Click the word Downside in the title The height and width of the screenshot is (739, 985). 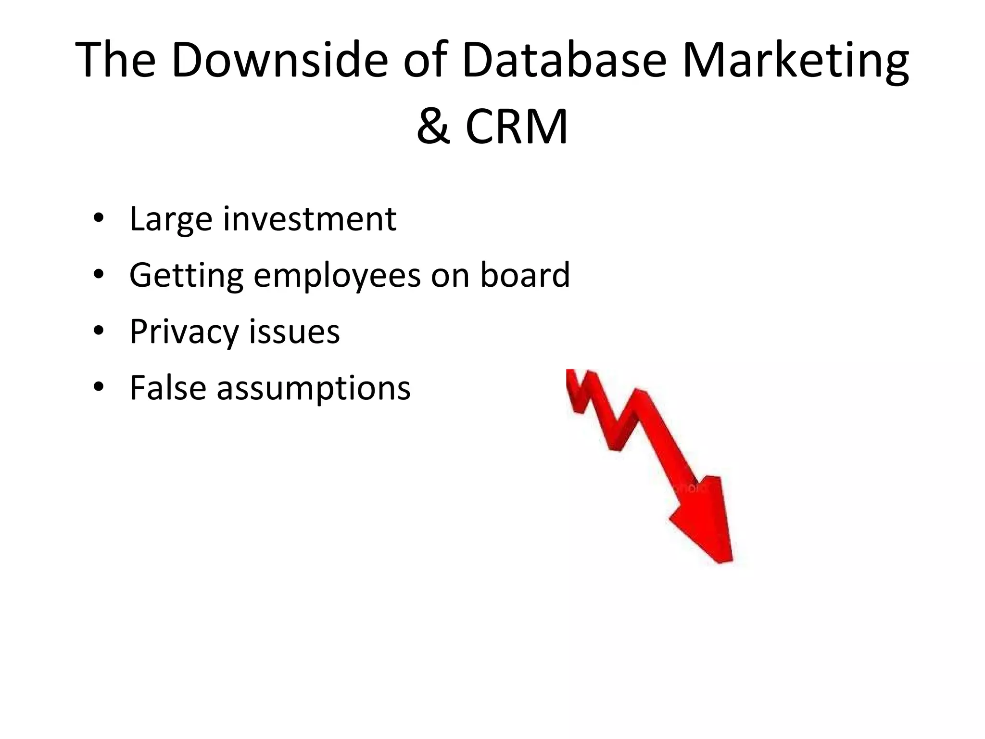pos(279,60)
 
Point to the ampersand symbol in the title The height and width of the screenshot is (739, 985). pos(433,126)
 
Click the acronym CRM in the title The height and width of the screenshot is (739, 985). pos(517,126)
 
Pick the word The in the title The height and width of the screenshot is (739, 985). pos(116,60)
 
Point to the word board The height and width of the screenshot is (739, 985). pos(525,275)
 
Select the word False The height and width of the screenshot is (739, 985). pos(168,388)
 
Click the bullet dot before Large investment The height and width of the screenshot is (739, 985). pos(99,219)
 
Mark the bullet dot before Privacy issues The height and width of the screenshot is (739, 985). pos(99,331)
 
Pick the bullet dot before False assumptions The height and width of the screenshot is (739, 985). pos(99,388)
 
